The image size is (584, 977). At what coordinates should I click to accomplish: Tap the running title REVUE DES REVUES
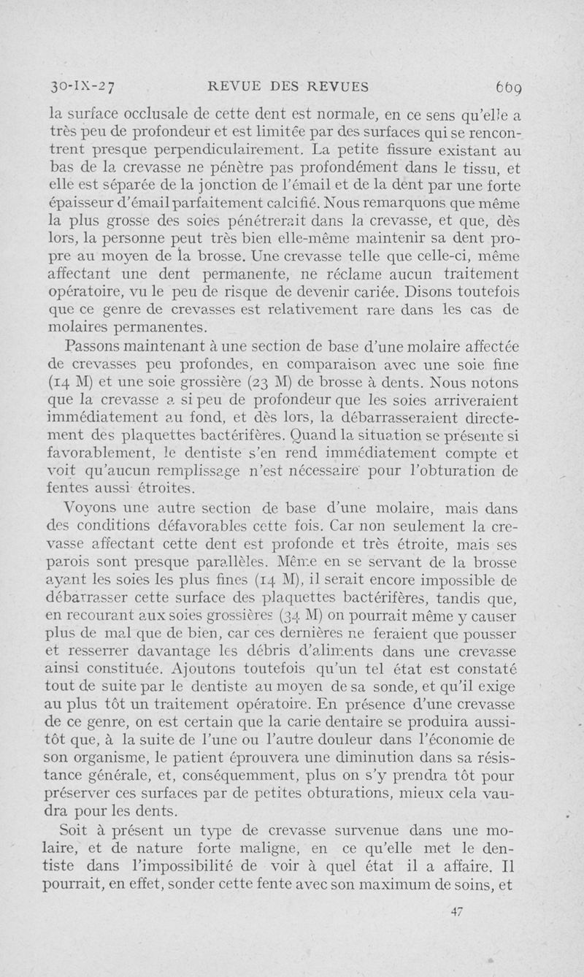tap(288, 85)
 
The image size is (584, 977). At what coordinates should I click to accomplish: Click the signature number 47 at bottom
tap(458, 911)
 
